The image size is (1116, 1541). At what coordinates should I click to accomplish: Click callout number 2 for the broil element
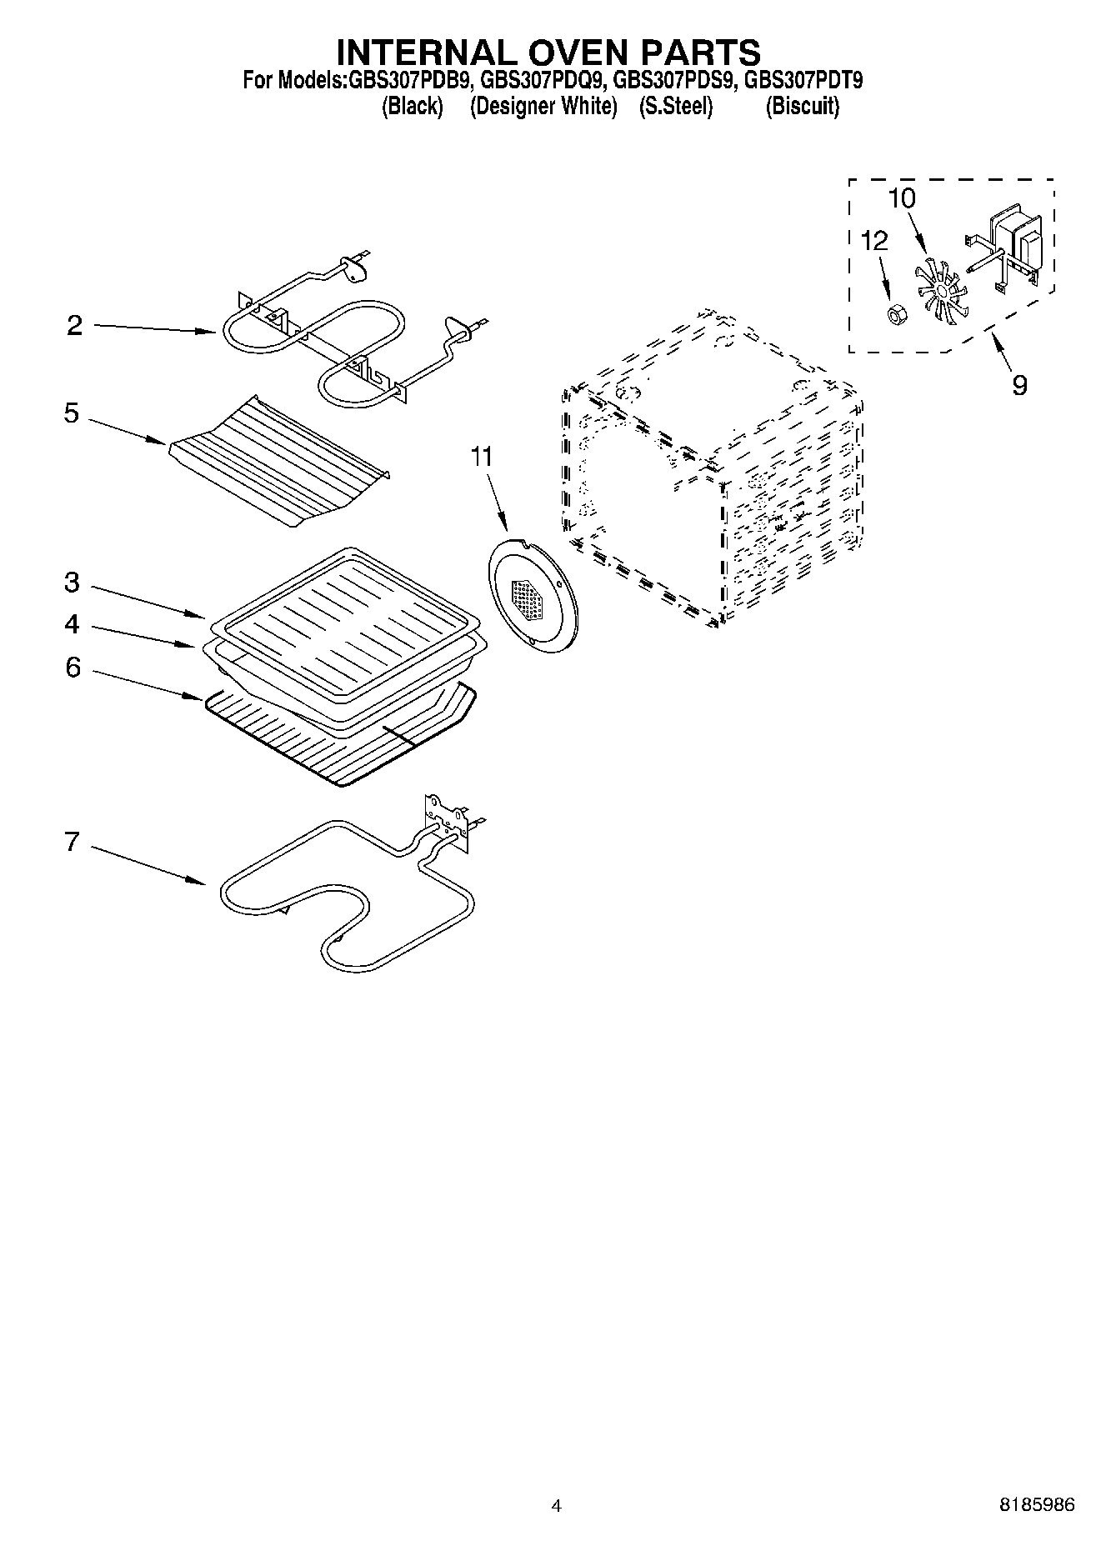coord(75,326)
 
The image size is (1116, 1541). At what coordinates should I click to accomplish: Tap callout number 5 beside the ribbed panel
coord(72,413)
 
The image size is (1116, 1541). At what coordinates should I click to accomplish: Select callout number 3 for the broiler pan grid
coord(73,583)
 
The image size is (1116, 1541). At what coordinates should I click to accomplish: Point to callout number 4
coord(73,624)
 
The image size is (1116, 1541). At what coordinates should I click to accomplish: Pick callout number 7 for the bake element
coord(73,842)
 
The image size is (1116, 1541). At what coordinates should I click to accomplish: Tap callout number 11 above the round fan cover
coord(482,457)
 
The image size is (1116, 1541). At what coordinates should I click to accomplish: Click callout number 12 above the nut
coord(874,241)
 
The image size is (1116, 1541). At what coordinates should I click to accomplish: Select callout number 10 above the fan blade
coord(902,198)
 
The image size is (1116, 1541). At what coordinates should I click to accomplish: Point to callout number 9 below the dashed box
coord(1019,385)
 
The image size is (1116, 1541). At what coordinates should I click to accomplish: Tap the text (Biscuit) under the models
coord(802,107)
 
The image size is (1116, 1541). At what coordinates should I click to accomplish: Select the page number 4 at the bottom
coord(557,1505)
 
